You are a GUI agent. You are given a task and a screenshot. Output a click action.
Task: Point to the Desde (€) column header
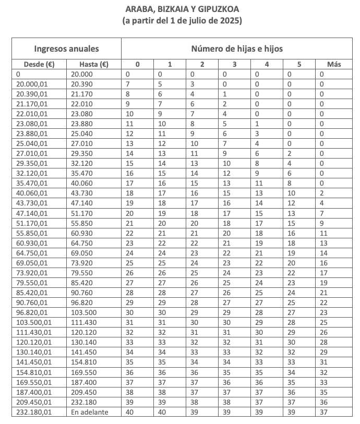click(40, 65)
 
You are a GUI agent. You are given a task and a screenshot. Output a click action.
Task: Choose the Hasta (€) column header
click(93, 65)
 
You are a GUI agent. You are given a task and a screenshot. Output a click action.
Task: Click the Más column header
click(333, 65)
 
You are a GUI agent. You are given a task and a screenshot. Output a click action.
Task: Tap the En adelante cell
click(88, 412)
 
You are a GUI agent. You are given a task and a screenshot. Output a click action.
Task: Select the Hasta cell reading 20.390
click(82, 83)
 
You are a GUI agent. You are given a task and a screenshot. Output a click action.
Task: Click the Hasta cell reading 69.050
click(82, 252)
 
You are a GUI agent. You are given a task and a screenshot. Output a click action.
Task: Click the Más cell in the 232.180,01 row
click(323, 412)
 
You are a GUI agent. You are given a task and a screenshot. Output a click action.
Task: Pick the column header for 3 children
click(234, 65)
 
